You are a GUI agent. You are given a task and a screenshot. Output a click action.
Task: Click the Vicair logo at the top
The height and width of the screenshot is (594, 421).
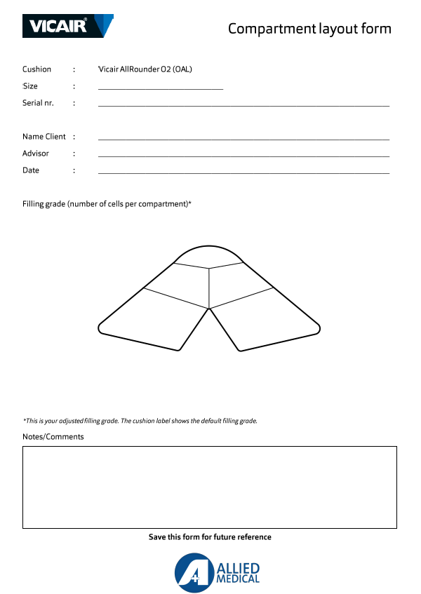[x=68, y=26]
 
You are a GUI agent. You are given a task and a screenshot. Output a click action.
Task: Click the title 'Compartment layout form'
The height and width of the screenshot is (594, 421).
[x=309, y=29]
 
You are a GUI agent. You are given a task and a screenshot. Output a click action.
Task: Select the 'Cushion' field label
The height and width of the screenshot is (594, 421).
[x=36, y=69]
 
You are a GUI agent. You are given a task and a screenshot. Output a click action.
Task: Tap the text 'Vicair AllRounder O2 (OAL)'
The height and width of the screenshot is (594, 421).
[x=145, y=69]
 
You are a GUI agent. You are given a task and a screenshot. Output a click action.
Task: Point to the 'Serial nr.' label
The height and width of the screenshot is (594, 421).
[x=38, y=103]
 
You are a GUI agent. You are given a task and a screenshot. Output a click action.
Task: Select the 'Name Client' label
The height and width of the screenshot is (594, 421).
[x=44, y=137]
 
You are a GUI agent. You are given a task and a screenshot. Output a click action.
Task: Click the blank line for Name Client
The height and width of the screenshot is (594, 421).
[x=243, y=138]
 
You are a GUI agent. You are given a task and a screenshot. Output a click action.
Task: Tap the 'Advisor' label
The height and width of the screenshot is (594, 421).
[x=35, y=154]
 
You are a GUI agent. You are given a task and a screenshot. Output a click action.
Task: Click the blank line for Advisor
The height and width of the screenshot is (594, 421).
[x=243, y=155]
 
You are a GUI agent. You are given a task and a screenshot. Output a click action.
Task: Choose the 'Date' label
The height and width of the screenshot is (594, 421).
[x=31, y=170]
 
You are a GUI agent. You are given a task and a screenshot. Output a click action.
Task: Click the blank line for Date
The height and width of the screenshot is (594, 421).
[x=243, y=172]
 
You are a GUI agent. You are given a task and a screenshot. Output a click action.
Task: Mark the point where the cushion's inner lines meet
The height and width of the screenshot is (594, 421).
[x=209, y=308]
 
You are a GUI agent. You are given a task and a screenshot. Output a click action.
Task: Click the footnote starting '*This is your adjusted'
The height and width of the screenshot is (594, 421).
[x=140, y=421]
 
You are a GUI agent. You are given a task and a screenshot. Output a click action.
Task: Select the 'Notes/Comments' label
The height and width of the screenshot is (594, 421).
[x=53, y=437]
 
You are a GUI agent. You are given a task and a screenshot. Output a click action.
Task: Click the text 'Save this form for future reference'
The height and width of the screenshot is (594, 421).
[x=210, y=537]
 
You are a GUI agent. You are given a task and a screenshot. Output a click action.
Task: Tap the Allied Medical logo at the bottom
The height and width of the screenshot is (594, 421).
[x=218, y=572]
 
